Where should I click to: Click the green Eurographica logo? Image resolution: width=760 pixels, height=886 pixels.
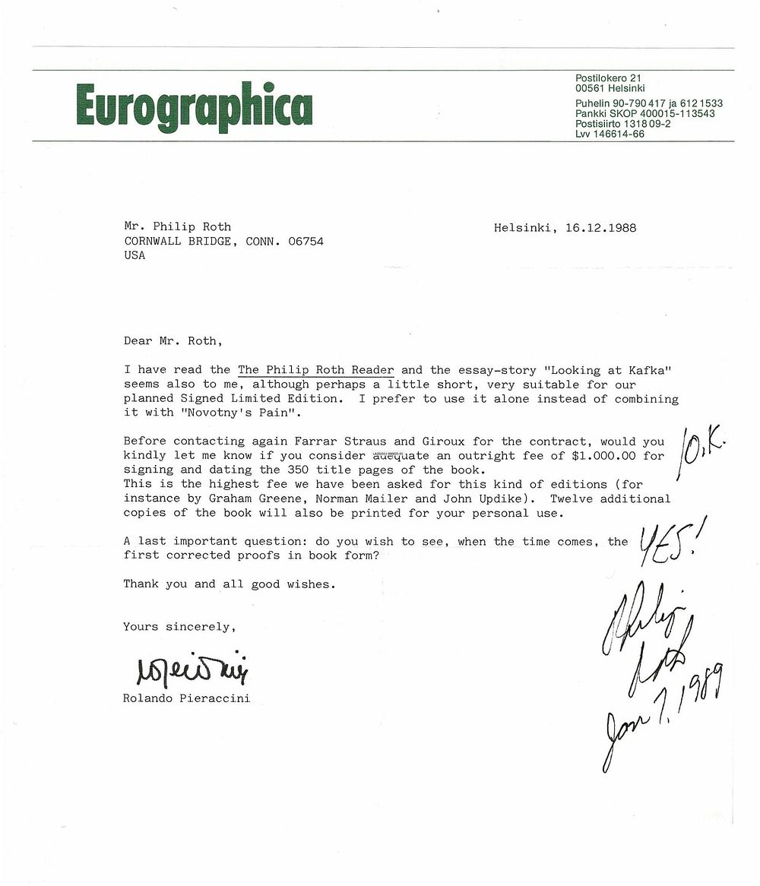(194, 106)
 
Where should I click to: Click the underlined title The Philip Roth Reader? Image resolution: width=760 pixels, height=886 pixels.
(316, 370)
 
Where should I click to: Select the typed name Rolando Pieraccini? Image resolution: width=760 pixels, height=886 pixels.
(186, 698)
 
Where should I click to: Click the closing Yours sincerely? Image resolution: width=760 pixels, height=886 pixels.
(179, 627)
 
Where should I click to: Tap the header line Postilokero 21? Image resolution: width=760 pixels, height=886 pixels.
(608, 78)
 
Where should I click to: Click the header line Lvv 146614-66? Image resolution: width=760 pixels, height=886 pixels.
(610, 134)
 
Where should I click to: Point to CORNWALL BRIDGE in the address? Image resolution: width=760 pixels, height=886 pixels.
(180, 242)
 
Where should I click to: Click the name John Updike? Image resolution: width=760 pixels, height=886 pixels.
(467, 498)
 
